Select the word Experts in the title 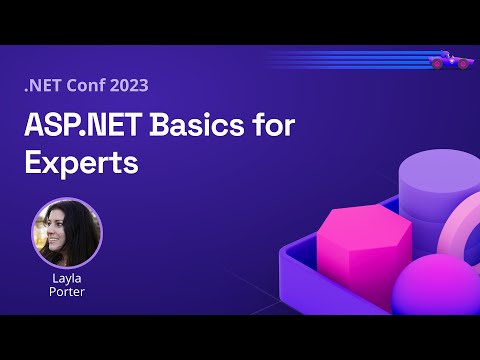[81, 163]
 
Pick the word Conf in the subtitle [89, 86]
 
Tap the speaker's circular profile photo [67, 233]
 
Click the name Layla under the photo [67, 279]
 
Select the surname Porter [67, 294]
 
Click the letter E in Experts [33, 163]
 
